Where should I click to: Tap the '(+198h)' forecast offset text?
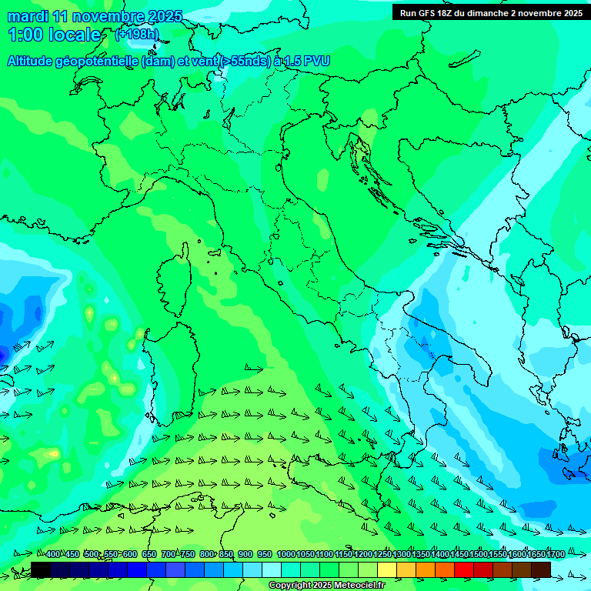tap(138, 35)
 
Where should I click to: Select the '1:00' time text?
tap(24, 35)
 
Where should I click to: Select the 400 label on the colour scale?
tap(53, 554)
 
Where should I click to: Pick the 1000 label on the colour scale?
tap(286, 554)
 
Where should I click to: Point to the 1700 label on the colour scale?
tap(556, 554)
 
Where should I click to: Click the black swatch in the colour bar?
tap(41, 569)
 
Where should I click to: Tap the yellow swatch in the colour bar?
tap(387, 569)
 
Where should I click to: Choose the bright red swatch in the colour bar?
tap(464, 569)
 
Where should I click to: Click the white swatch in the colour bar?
tap(272, 569)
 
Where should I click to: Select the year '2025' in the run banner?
tap(570, 13)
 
